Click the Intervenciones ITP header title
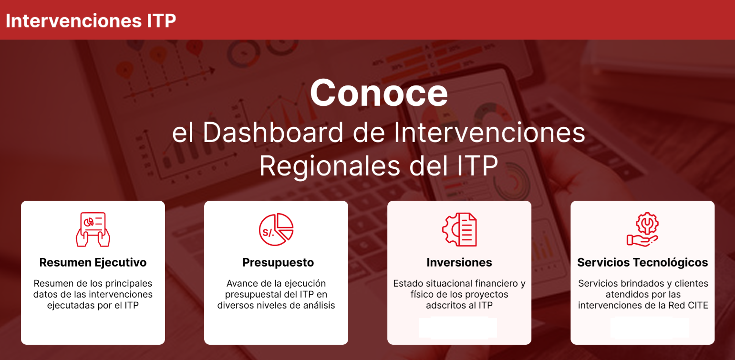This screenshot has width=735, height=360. click(x=91, y=21)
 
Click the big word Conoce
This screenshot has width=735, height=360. click(x=379, y=93)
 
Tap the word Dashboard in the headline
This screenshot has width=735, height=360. click(x=273, y=133)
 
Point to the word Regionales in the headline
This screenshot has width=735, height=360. click(x=330, y=166)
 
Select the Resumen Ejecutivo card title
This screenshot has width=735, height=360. click(x=93, y=263)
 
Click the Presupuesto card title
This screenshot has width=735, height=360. click(x=278, y=263)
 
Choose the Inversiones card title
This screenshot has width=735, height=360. click(x=459, y=263)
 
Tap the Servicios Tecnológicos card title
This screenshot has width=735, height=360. click(x=642, y=263)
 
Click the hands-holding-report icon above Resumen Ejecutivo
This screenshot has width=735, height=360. click(x=93, y=229)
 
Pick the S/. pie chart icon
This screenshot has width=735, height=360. click(x=276, y=229)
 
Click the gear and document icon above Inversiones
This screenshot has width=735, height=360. click(x=459, y=229)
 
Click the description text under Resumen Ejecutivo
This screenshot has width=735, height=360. click(x=93, y=294)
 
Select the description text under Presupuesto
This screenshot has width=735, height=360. click(x=276, y=294)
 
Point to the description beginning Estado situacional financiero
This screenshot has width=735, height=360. click(x=459, y=294)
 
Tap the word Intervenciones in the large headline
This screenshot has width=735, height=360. click(x=489, y=133)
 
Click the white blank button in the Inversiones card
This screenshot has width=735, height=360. click(x=458, y=328)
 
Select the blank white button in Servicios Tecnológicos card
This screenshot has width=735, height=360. click(x=650, y=328)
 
